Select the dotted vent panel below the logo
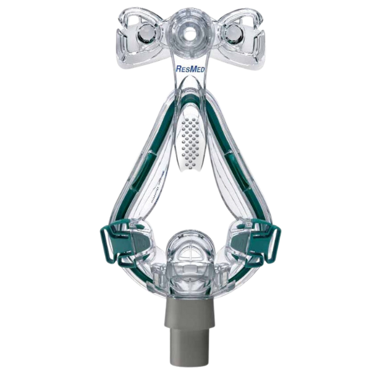tap(189, 136)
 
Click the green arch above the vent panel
tap(189, 101)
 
